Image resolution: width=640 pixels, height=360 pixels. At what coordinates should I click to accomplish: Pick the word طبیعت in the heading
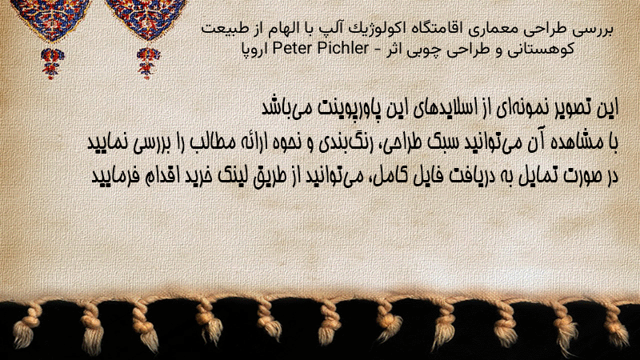tap(222, 29)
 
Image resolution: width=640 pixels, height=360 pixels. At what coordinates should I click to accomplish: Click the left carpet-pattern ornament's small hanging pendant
tap(52, 63)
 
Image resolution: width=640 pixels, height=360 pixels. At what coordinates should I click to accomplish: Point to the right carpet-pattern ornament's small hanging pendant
tap(148, 62)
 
